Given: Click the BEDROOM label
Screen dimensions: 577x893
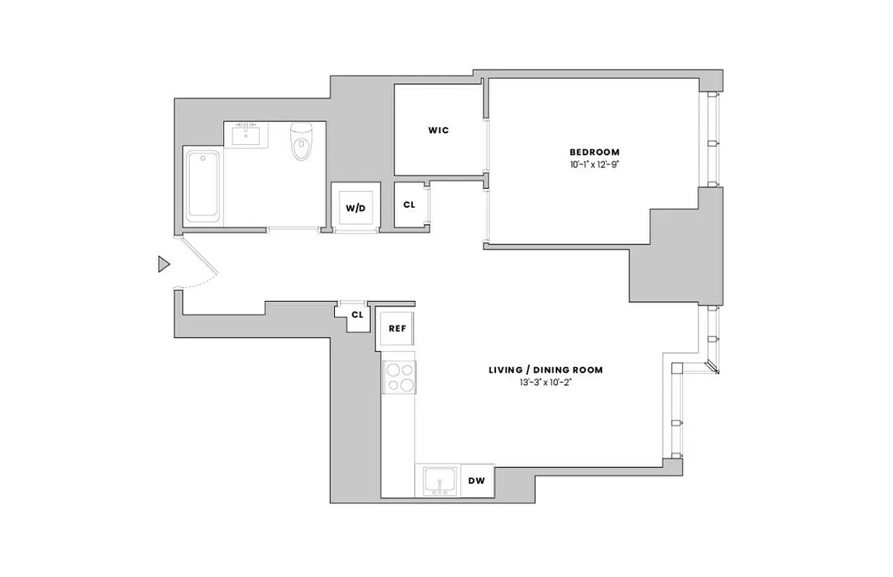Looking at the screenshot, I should (594, 152).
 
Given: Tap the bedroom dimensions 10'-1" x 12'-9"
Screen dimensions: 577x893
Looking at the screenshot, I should (594, 164).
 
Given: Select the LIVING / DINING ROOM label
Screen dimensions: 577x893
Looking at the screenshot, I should (545, 370).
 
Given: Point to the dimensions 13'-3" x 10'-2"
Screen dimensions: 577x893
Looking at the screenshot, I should (545, 382).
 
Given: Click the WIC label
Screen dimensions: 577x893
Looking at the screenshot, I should (438, 131).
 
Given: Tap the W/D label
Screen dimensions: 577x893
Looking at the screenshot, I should (355, 208).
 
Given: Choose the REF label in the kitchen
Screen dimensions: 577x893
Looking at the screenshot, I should (397, 328).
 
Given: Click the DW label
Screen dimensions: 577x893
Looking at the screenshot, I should (476, 481).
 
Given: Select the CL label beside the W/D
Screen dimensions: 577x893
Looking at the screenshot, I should (409, 205).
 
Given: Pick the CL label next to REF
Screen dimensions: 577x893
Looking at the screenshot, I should (357, 315).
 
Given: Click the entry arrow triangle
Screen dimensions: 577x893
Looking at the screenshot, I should (164, 265).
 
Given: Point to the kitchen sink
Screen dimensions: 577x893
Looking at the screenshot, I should (438, 481).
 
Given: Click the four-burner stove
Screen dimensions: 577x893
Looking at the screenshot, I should (399, 376).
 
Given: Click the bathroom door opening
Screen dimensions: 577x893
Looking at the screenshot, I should (293, 229).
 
